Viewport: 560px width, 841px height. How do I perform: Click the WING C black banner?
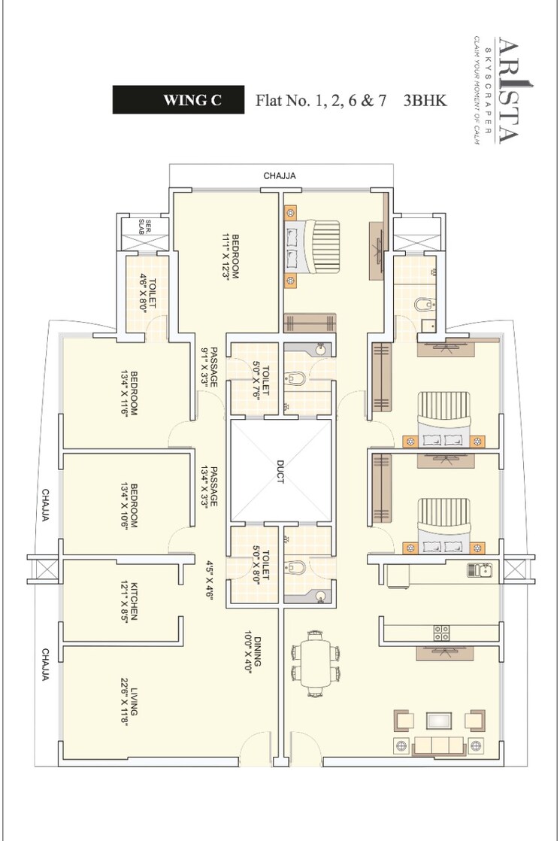click(x=179, y=100)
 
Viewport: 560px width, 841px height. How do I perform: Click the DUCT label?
click(x=280, y=472)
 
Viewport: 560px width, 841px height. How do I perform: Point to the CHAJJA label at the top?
click(x=280, y=176)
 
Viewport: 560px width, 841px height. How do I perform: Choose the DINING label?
click(x=252, y=652)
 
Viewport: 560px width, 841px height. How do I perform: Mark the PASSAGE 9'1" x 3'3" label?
click(x=208, y=367)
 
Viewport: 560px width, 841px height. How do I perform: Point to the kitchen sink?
click(x=478, y=570)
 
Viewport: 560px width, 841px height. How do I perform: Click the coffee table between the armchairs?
click(x=439, y=720)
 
